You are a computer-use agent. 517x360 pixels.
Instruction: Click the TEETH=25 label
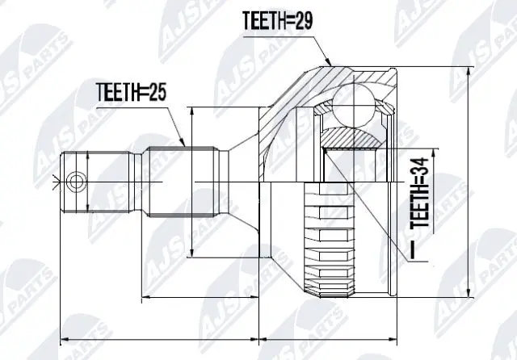pos(131,92)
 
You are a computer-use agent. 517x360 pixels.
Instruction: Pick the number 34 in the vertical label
pos(418,171)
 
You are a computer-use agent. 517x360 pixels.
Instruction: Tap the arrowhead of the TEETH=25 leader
pos(186,144)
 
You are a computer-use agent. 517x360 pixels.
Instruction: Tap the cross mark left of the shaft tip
pos(54,180)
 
